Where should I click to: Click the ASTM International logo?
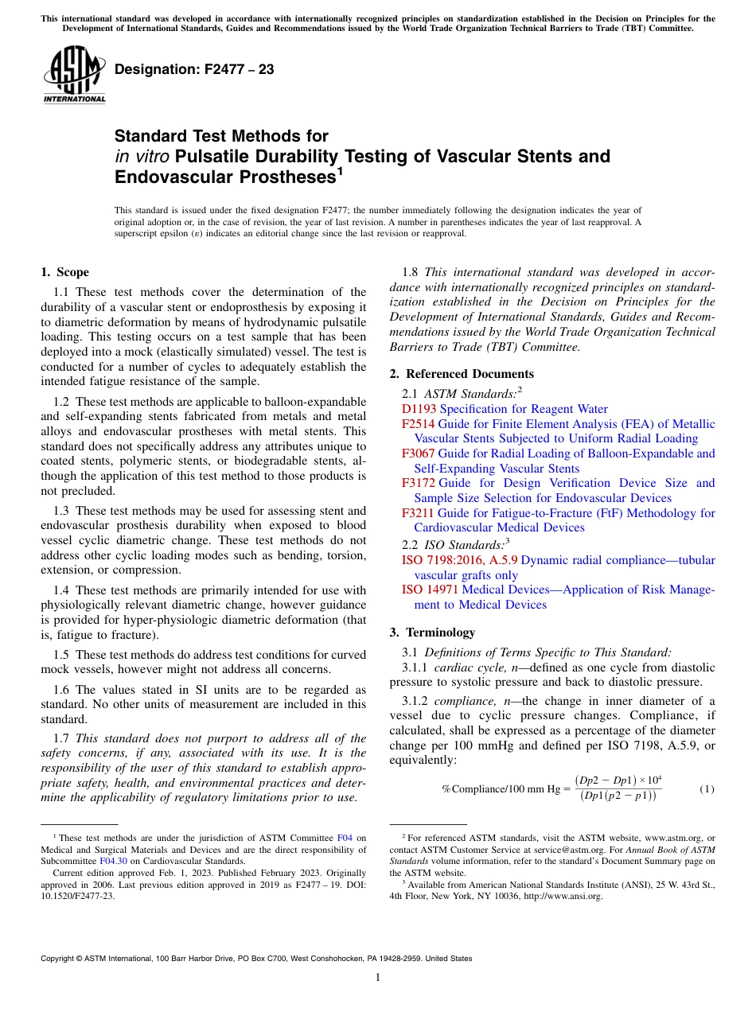[74, 76]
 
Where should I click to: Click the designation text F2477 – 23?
[194, 70]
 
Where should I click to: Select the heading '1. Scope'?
[64, 272]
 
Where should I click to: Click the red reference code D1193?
[419, 409]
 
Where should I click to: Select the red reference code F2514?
[419, 424]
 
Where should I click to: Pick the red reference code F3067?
[419, 453]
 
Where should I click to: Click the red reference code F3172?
[419, 483]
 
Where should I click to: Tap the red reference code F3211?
[419, 513]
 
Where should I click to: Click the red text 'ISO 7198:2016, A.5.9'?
[459, 560]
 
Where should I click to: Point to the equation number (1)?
[707, 789]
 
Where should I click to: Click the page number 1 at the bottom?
[378, 978]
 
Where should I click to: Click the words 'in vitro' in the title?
[142, 156]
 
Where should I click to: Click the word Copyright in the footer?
[60, 959]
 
